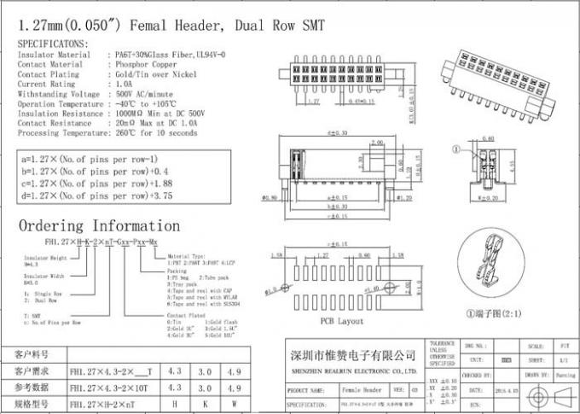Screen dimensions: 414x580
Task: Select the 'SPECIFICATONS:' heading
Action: tap(53, 42)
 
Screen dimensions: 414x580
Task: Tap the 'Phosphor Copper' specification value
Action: tap(142, 64)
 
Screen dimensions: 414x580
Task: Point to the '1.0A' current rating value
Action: tap(122, 85)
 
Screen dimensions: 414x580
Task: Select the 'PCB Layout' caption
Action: tap(341, 322)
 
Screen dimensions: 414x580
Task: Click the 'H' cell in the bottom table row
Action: tap(175, 402)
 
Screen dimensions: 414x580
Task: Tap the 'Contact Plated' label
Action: tap(186, 314)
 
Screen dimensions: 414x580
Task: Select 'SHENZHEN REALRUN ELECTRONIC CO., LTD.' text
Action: tap(351, 372)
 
